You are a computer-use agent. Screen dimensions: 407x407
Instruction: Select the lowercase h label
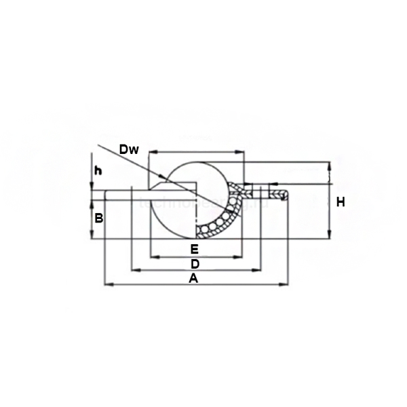pos(98,171)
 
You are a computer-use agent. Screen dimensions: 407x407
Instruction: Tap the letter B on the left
pos(98,218)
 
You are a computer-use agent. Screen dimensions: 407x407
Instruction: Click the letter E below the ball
pos(194,248)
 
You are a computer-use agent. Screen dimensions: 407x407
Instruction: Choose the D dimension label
pos(194,263)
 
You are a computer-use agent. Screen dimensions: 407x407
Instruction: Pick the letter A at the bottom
pos(193,278)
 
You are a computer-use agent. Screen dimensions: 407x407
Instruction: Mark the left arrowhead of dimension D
pos(133,270)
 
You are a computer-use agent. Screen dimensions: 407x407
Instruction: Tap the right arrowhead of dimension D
pos(258,270)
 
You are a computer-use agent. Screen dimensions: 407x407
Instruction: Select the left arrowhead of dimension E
pos(152,256)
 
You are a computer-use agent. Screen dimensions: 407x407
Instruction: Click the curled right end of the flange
pos(285,195)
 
